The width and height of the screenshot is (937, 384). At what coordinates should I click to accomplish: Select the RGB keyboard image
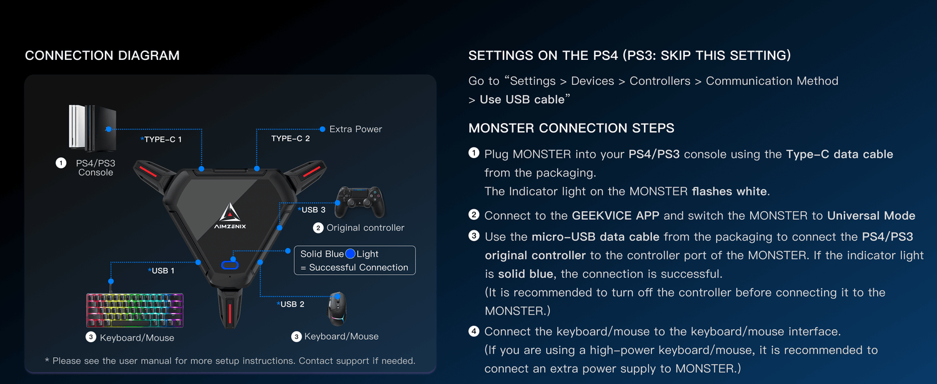pyautogui.click(x=134, y=310)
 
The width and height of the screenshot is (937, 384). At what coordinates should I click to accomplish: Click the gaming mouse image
pyautogui.click(x=339, y=308)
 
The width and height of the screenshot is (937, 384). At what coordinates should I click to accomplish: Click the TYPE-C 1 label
pyautogui.click(x=162, y=139)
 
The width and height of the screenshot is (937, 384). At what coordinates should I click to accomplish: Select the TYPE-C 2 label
pyautogui.click(x=290, y=138)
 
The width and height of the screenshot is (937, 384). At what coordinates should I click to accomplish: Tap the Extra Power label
pyautogui.click(x=355, y=129)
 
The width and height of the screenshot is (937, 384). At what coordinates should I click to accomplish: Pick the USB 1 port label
pyautogui.click(x=162, y=270)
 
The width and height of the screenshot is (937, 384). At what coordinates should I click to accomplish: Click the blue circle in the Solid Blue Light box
pyautogui.click(x=350, y=254)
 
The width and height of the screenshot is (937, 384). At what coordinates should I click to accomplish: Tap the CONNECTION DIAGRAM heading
pyautogui.click(x=102, y=56)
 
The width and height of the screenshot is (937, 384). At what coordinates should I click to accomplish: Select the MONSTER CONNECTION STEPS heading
pyautogui.click(x=571, y=128)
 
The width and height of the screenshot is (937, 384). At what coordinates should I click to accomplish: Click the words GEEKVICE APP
pyautogui.click(x=616, y=215)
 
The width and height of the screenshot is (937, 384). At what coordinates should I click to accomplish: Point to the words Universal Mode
pyautogui.click(x=871, y=215)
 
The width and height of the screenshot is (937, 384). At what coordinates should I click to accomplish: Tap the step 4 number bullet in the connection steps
pyautogui.click(x=473, y=331)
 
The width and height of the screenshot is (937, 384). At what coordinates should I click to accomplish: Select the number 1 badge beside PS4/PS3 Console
pyautogui.click(x=61, y=163)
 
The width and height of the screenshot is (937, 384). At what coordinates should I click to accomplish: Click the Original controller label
pyautogui.click(x=365, y=228)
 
